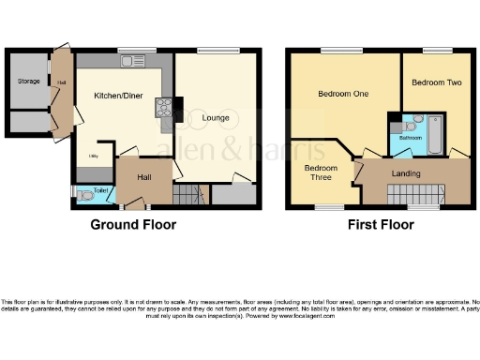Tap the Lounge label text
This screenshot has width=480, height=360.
tap(218, 119)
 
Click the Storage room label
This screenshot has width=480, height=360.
tap(28, 82)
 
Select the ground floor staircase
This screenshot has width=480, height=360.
tap(188, 195)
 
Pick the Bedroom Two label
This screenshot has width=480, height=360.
tap(436, 83)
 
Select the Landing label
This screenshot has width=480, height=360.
tap(405, 174)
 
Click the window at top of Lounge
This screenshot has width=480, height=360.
tap(217, 50)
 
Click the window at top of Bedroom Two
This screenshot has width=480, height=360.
tap(436, 50)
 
